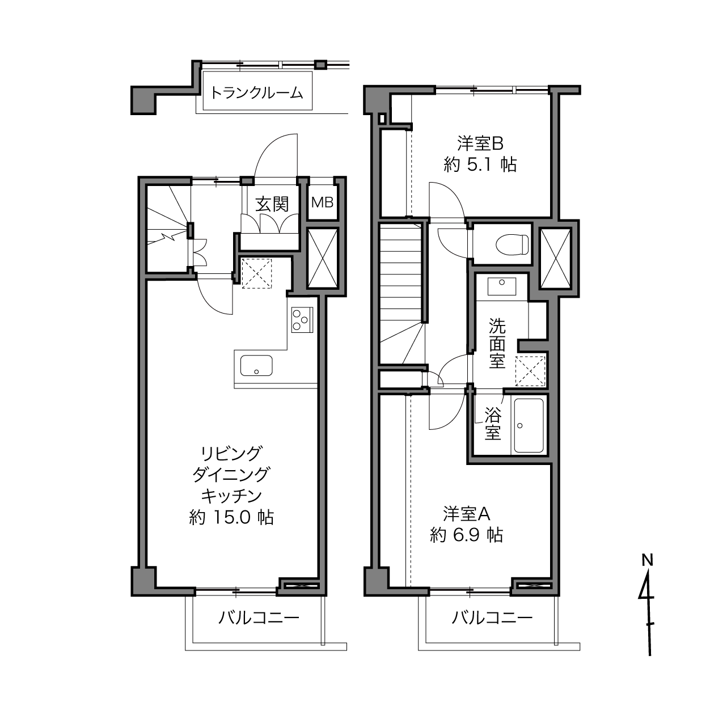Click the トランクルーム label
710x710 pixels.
coord(256,93)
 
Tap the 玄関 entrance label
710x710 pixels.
coord(272,205)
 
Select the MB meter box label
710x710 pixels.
coord(323,202)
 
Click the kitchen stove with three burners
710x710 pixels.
coord(302,320)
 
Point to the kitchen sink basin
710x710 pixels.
coord(256,365)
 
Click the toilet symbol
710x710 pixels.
coord(512,244)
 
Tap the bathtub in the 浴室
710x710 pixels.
coord(529,425)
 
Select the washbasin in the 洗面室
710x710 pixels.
coord(501,286)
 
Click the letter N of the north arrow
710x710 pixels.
coord(647,560)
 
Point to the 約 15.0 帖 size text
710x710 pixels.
coord(231,518)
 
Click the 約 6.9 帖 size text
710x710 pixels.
coord(466,535)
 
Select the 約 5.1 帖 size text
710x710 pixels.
coord(480,164)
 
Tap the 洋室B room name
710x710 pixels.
coord(480,143)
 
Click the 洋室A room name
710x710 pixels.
coord(466,514)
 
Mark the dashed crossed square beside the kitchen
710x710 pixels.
coord(256,273)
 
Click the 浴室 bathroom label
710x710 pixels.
coord(493,424)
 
